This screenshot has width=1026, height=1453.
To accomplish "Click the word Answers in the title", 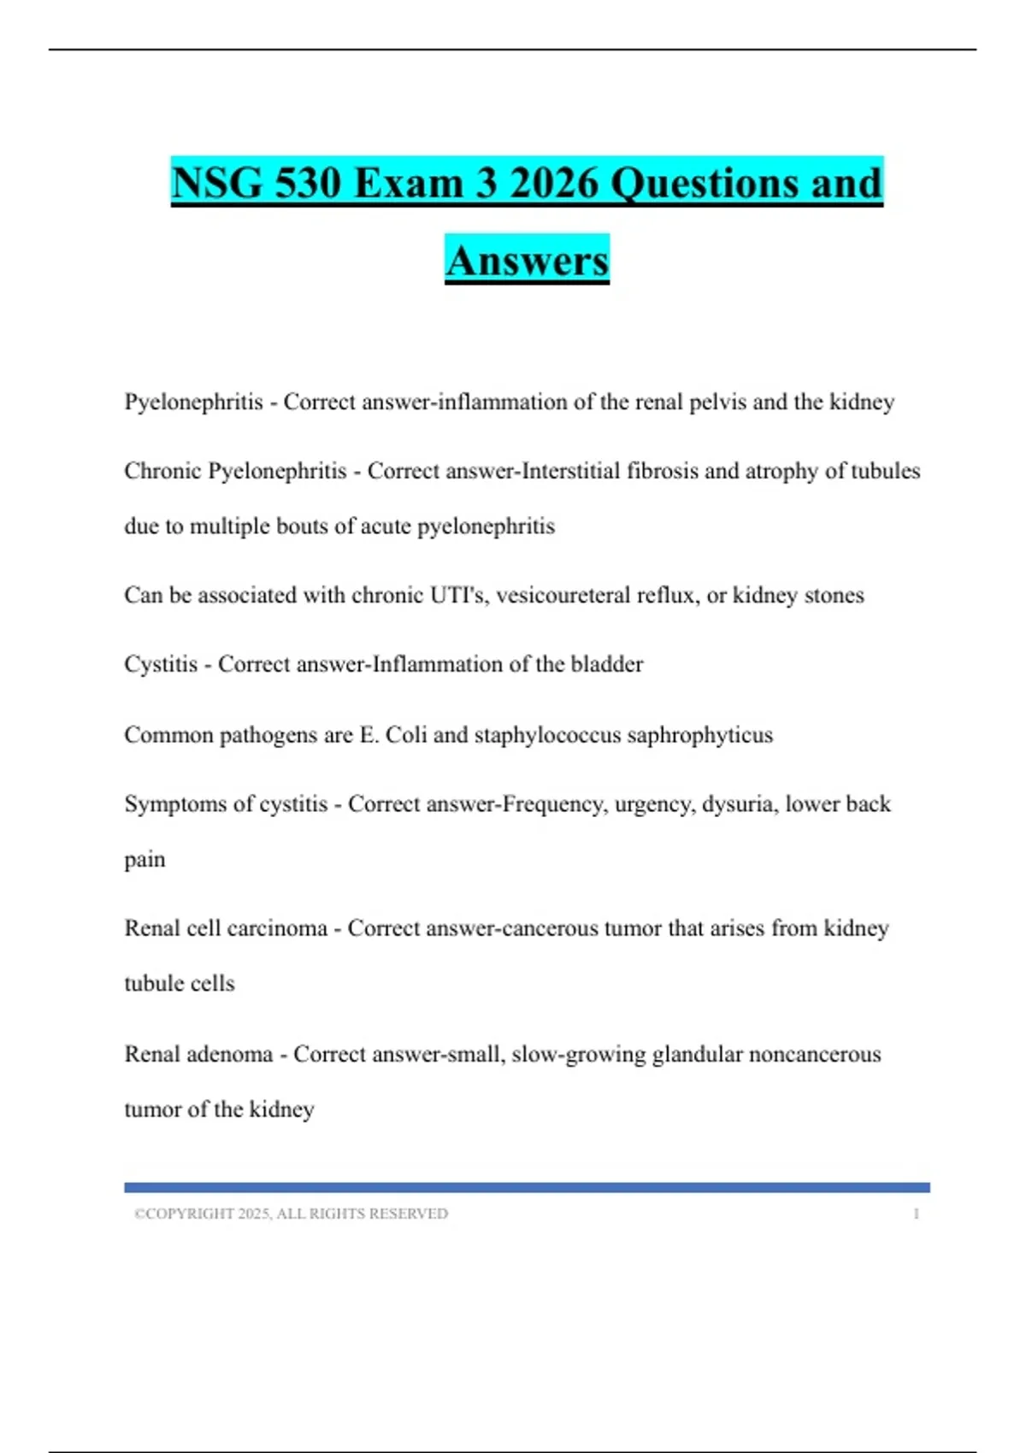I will [527, 260].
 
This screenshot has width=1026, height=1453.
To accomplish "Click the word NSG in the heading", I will [216, 183].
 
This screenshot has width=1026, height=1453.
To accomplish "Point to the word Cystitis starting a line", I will [161, 664].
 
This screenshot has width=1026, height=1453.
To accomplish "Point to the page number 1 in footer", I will [916, 1214].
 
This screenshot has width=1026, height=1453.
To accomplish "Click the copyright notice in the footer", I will [291, 1214].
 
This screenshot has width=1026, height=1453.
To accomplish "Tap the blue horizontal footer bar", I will [527, 1187].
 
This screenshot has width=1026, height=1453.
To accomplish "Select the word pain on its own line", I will [144, 860].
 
